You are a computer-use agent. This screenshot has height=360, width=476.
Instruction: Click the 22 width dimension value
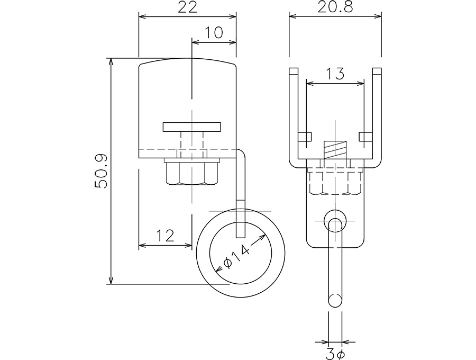pos(187,7)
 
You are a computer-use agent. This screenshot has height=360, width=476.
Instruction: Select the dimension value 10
pos(214,32)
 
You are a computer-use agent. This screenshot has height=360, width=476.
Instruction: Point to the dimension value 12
pos(165,236)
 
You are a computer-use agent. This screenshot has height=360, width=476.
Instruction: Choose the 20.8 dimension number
pos(335,7)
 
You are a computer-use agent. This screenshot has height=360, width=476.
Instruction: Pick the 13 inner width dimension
pos(335,74)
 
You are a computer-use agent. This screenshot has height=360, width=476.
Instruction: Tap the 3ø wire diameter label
pos(335,354)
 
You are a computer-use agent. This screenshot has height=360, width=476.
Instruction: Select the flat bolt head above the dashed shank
pos(192,127)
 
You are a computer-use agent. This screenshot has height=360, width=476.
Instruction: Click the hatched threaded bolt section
pos(335,150)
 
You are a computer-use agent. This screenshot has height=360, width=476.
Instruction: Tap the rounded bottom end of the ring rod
pos(335,300)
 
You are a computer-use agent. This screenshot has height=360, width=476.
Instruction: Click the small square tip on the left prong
pos(294,71)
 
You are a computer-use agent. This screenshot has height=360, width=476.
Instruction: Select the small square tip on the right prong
pos(377,71)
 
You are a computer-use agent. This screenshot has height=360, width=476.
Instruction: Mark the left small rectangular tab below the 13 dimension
pos(305,137)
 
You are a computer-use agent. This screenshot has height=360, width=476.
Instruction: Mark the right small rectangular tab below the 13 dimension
pos(366,137)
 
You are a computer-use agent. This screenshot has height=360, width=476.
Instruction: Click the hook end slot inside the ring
pos(241,230)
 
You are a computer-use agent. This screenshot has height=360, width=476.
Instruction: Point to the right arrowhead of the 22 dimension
pos(232,16)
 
